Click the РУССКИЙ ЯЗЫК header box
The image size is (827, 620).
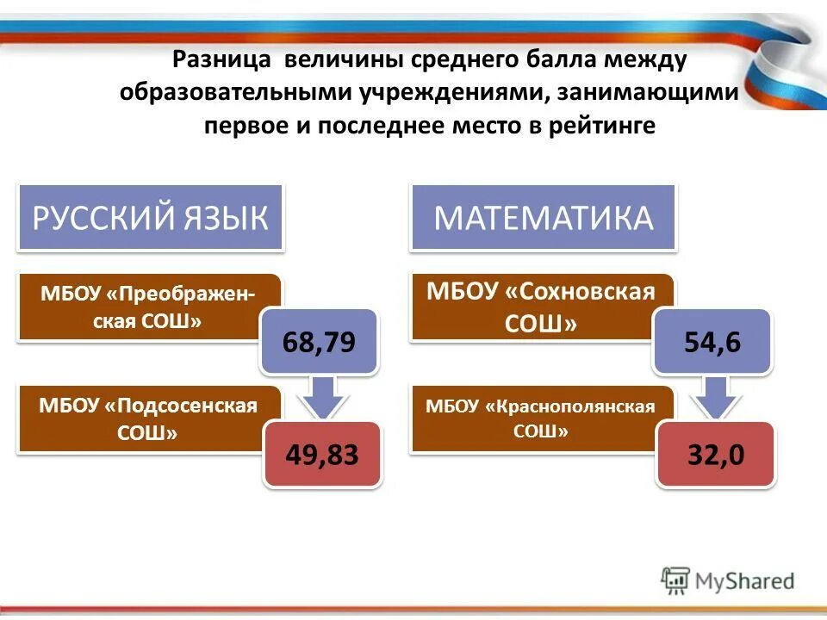tap(150, 218)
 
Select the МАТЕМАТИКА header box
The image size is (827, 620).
tap(544, 218)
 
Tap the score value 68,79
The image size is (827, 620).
tap(319, 342)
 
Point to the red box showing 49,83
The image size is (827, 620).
tap(321, 455)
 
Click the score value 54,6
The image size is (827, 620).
tap(712, 342)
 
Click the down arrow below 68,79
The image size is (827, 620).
tap(320, 398)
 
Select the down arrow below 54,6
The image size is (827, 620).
tap(713, 398)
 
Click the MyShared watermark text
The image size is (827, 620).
tap(746, 581)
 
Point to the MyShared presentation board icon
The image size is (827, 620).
tap(675, 581)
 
